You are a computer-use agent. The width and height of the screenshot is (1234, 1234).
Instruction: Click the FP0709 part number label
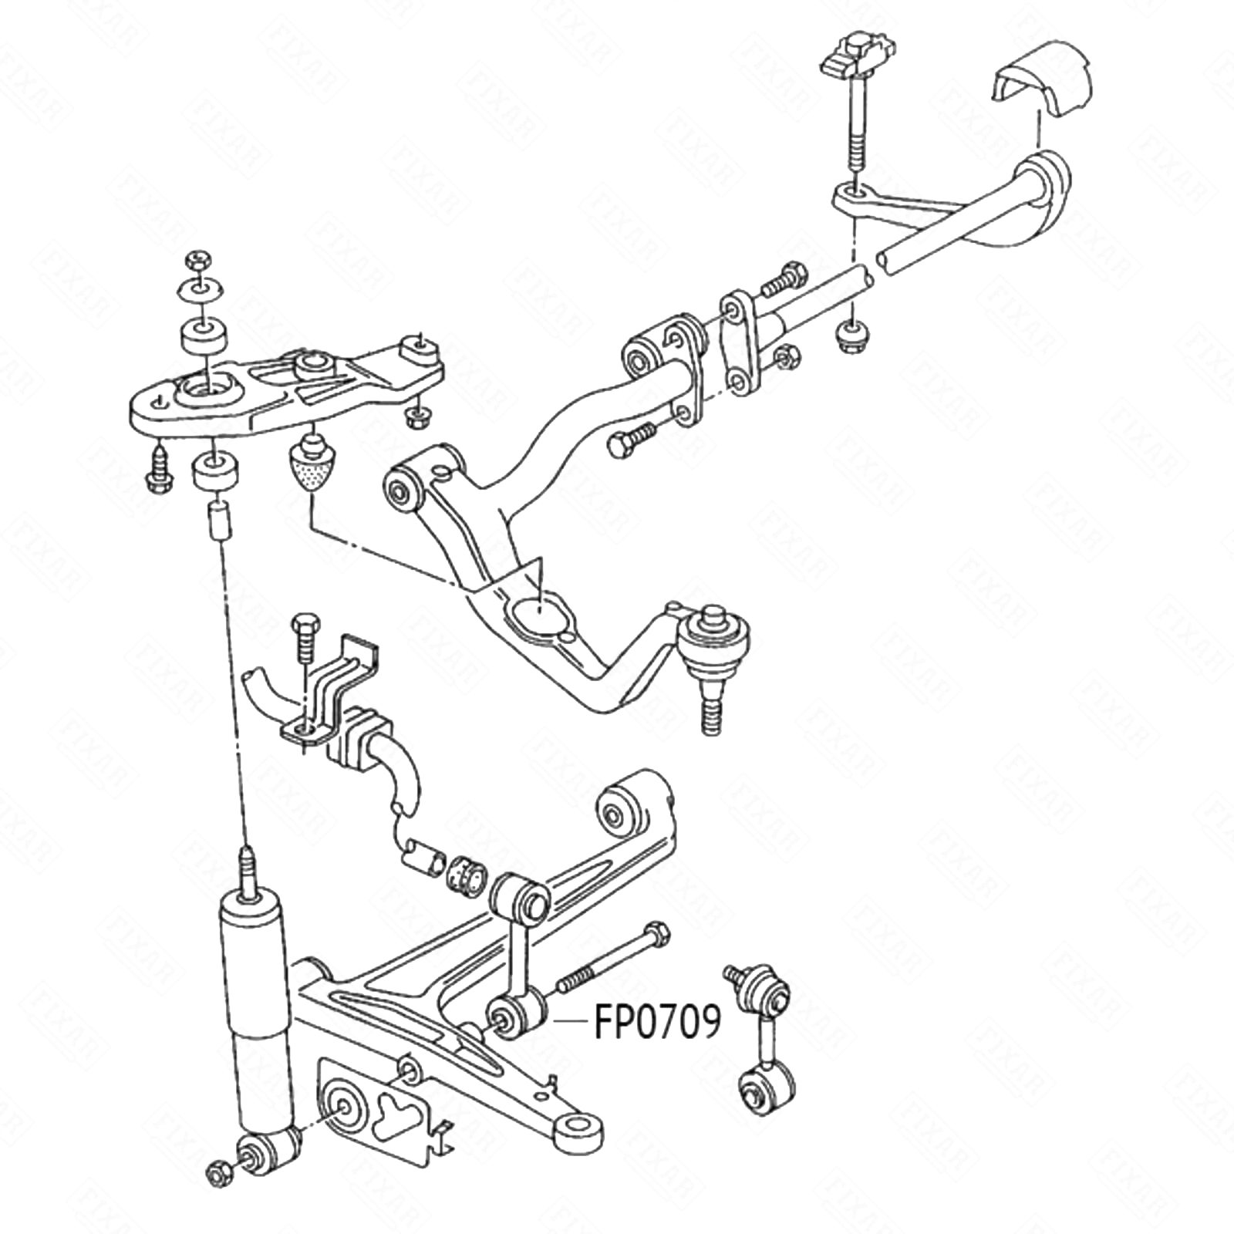point(657,1021)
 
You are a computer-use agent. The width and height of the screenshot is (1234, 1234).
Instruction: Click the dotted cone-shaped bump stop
point(313,466)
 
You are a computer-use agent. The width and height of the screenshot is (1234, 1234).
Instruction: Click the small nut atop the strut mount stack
point(197,260)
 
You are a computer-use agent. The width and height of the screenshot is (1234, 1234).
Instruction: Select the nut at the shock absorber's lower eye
point(217,1175)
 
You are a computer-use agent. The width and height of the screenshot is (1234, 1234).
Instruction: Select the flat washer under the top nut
point(203,289)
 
